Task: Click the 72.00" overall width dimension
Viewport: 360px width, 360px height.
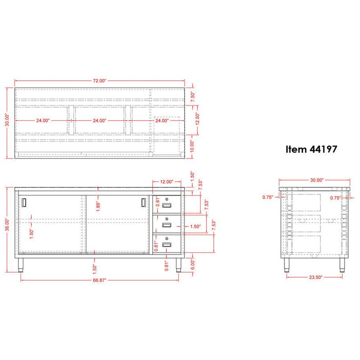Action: pyautogui.click(x=99, y=81)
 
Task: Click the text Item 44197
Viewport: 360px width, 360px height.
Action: pyautogui.click(x=311, y=150)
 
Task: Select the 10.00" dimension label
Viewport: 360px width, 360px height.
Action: pyautogui.click(x=191, y=146)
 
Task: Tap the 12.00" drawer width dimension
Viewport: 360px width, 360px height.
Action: pyautogui.click(x=166, y=182)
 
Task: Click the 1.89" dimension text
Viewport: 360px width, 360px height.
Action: pyautogui.click(x=99, y=206)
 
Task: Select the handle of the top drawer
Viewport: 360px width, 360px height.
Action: pyautogui.click(x=167, y=206)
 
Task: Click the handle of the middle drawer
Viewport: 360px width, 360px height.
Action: pyautogui.click(x=167, y=225)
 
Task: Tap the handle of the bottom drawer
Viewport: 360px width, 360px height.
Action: pyautogui.click(x=167, y=245)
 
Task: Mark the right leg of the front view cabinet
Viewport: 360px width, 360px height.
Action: pyautogui.click(x=178, y=264)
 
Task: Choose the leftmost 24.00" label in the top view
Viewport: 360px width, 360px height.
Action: pyautogui.click(x=42, y=121)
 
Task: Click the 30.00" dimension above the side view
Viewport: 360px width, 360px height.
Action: pyautogui.click(x=316, y=180)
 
